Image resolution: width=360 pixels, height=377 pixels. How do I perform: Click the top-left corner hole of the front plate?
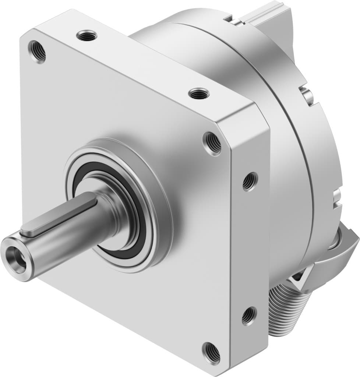38,52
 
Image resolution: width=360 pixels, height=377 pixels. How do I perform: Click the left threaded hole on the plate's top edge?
87,36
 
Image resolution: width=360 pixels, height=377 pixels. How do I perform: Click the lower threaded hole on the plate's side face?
248,316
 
